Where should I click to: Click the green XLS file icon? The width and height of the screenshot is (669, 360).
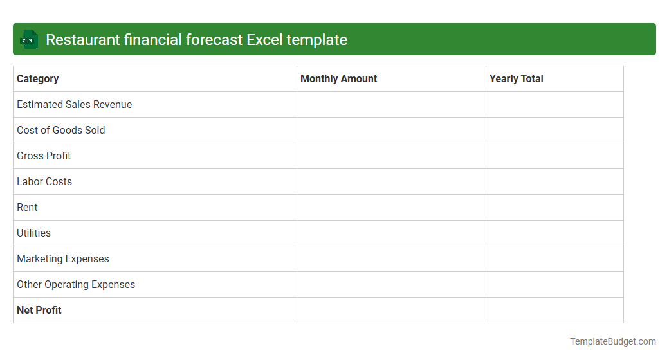coord(28,40)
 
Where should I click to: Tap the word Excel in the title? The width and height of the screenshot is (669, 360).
coord(264,40)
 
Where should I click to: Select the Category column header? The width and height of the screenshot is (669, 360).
coord(38,79)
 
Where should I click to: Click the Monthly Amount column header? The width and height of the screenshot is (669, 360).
coord(339,79)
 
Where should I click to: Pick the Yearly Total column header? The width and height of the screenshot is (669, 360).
coord(517,79)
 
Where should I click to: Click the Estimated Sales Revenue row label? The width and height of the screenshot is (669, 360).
coord(75,105)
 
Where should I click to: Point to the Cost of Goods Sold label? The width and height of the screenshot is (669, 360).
coord(61,130)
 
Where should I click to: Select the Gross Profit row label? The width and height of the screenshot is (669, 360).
coord(44,156)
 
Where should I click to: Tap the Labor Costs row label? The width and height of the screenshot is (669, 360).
coord(44,182)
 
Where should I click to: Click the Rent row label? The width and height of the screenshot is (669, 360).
coord(27,208)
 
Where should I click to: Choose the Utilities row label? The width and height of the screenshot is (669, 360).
coord(33,233)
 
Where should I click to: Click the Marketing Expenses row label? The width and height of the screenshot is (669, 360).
coord(63,259)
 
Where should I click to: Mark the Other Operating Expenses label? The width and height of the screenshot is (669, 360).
coord(76,285)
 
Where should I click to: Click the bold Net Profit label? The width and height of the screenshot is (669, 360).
coord(39,310)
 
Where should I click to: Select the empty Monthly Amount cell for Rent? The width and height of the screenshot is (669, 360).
coord(391,208)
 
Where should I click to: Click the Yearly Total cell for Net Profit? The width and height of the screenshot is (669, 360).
coord(554,310)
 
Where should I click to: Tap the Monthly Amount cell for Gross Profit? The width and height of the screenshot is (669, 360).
coord(391,156)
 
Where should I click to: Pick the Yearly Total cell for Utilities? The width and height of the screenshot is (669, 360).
coord(554,233)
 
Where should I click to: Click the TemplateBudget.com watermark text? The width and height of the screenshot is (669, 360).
coord(613,342)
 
